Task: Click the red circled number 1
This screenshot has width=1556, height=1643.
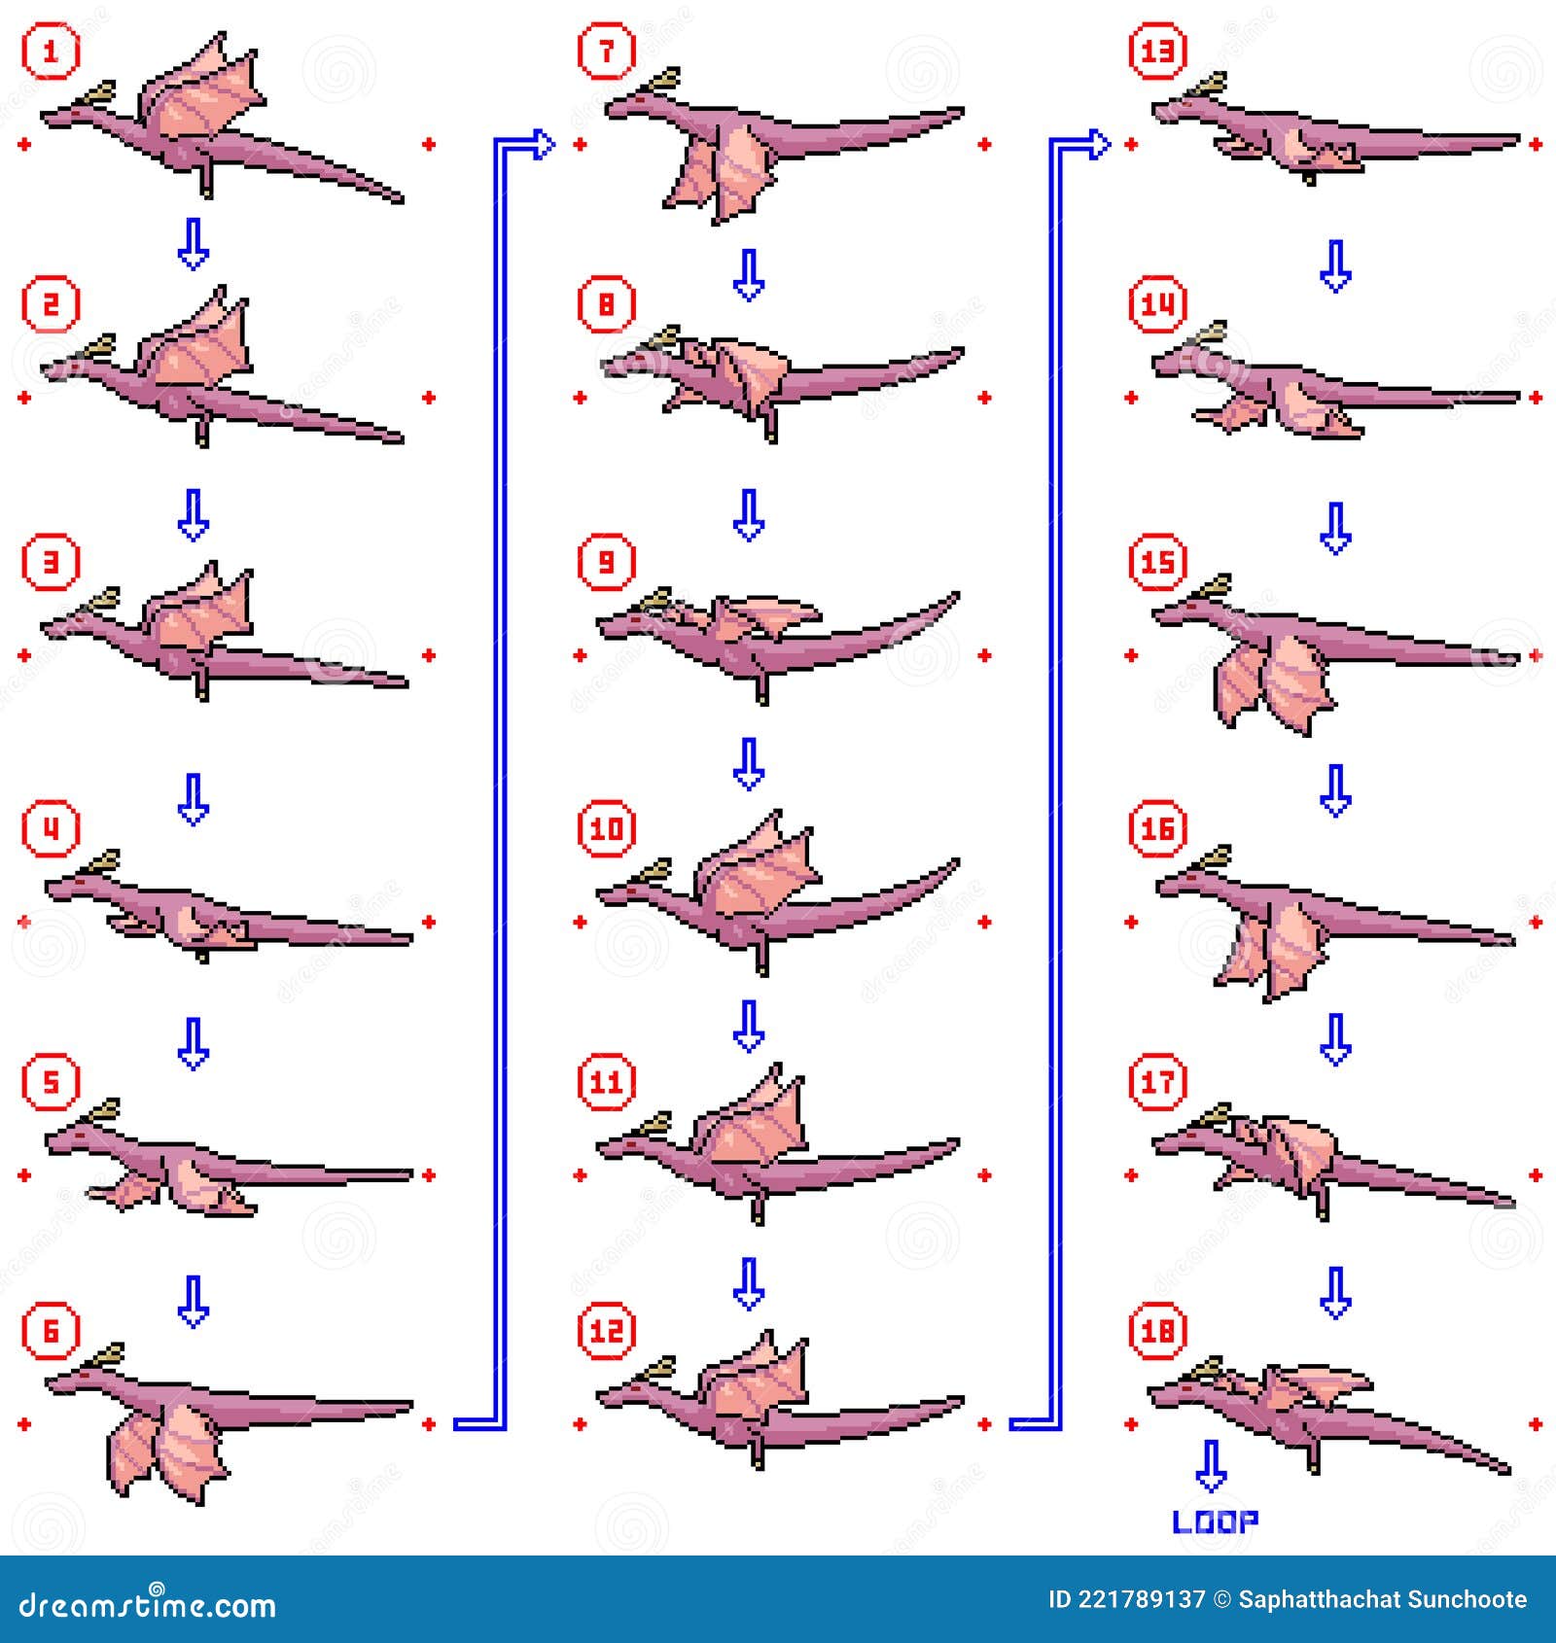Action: click(51, 51)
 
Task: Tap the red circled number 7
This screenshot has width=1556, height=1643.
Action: click(606, 51)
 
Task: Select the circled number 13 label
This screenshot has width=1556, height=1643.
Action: click(1157, 51)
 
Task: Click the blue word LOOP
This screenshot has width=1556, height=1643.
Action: click(1215, 1521)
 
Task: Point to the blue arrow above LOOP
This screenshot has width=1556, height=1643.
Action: click(1211, 1466)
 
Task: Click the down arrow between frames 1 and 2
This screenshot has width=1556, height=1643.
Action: click(194, 244)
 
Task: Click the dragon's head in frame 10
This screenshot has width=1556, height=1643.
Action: click(622, 891)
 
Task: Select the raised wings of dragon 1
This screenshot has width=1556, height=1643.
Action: click(204, 92)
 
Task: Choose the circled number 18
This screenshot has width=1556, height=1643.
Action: click(1157, 1331)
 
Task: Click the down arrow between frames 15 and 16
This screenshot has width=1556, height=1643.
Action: click(1335, 789)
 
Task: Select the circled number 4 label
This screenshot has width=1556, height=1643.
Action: click(51, 828)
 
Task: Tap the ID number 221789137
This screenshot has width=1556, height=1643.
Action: click(1141, 1599)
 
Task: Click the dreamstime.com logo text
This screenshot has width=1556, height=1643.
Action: click(148, 1604)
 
